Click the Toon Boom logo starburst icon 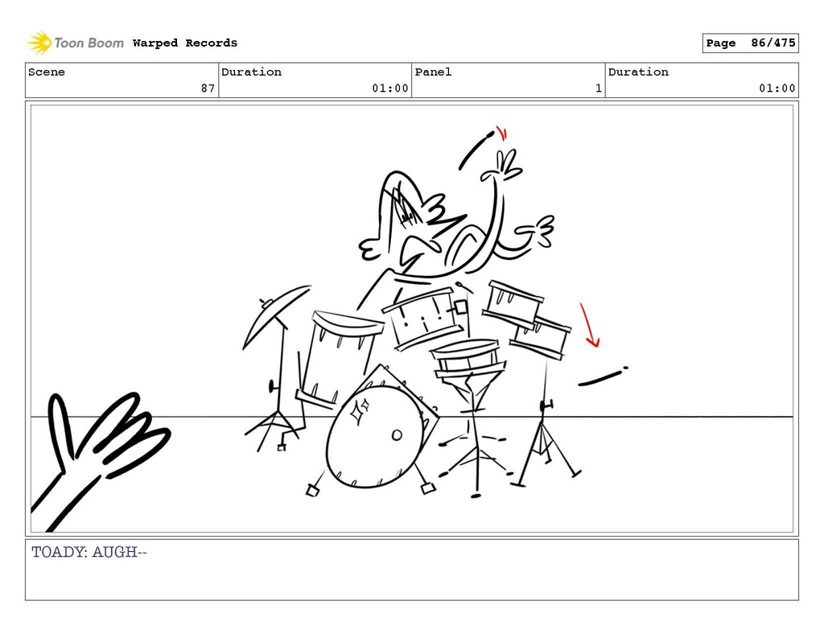point(39,43)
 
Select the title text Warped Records point(185,43)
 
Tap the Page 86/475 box point(751,43)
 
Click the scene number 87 point(208,88)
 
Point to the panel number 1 point(599,88)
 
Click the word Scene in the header point(47,72)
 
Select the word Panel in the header point(433,72)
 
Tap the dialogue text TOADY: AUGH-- point(89,553)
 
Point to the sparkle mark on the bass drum point(360,410)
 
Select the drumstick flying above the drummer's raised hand point(476,150)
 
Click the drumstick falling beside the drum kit point(602,377)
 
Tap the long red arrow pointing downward point(588,325)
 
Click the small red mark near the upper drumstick point(502,134)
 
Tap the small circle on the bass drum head point(397,435)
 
